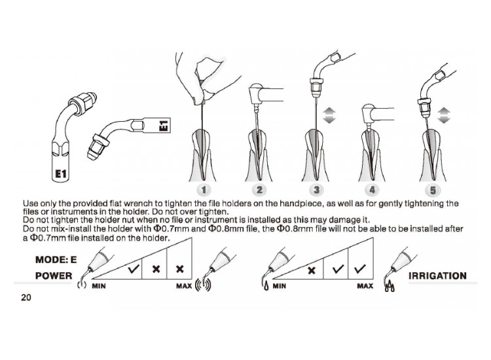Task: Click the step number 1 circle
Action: tap(204, 189)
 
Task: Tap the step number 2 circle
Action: tap(259, 189)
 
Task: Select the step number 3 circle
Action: tap(316, 189)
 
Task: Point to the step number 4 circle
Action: tap(372, 189)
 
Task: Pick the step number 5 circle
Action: tap(433, 190)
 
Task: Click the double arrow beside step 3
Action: tap(329, 115)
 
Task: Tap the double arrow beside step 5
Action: tap(444, 115)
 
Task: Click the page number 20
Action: tap(26, 297)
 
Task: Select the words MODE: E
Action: tap(56, 259)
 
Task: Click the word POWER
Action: tap(54, 276)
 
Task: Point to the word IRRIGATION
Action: tap(437, 276)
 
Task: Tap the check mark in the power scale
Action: tap(134, 268)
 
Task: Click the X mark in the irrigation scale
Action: tap(312, 270)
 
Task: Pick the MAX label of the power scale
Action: tap(184, 286)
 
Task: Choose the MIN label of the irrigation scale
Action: tap(279, 286)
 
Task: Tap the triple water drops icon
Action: tap(390, 286)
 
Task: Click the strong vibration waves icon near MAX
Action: tap(203, 285)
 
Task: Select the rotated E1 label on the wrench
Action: tap(164, 124)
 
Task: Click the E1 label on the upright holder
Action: tap(60, 173)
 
